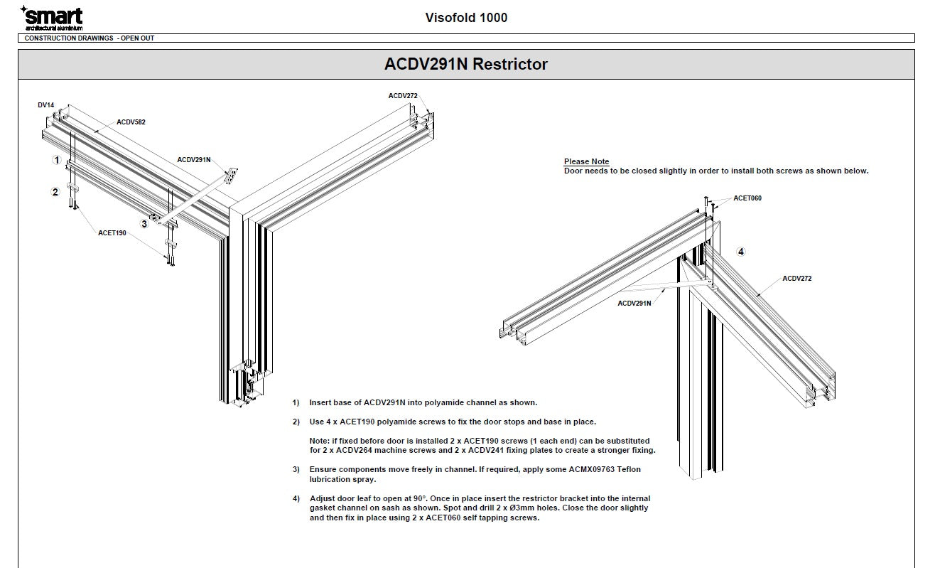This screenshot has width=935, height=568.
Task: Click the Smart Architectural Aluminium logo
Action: pyautogui.click(x=51, y=18)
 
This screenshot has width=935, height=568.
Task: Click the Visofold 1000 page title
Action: pyautogui.click(x=466, y=18)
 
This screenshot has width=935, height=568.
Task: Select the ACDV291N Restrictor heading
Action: pyautogui.click(x=466, y=64)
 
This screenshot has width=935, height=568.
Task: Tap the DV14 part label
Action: pyautogui.click(x=46, y=105)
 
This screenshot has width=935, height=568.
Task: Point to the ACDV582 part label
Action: pyautogui.click(x=131, y=122)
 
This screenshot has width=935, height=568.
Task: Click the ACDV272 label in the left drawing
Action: pyautogui.click(x=403, y=96)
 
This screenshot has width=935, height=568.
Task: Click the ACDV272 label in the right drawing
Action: pyautogui.click(x=796, y=279)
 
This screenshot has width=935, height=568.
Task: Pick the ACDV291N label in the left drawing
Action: pyautogui.click(x=194, y=160)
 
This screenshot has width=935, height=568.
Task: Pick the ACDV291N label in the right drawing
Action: pyautogui.click(x=634, y=304)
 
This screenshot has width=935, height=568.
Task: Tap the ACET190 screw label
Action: pyautogui.click(x=112, y=232)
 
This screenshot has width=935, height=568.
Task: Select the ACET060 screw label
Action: pyautogui.click(x=747, y=198)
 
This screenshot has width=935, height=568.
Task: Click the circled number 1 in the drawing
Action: pyautogui.click(x=57, y=160)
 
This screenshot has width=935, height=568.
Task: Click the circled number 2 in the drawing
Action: pyautogui.click(x=55, y=192)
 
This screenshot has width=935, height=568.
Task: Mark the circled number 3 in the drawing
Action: pyautogui.click(x=144, y=224)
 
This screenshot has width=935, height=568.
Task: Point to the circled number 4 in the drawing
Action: pyautogui.click(x=741, y=252)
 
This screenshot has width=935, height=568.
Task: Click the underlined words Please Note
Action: pyautogui.click(x=586, y=162)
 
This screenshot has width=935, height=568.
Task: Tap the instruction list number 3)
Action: pyautogui.click(x=296, y=469)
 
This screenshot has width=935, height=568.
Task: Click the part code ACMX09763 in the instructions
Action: pyautogui.click(x=580, y=469)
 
